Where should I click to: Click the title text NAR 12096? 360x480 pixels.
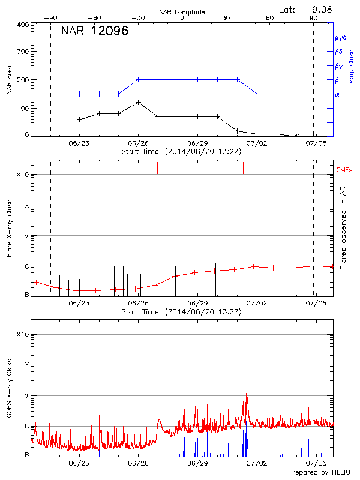(95, 32)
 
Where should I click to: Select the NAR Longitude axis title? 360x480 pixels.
(182, 12)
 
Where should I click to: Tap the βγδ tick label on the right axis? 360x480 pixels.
(340, 37)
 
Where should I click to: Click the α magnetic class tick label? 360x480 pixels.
(337, 94)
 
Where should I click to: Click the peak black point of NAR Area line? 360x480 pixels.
(139, 102)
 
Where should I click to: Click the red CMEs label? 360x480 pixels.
(346, 169)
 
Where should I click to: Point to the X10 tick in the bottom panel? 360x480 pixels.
(22, 334)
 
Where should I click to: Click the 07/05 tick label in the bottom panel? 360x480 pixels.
(316, 464)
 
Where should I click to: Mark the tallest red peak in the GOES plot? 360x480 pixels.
(247, 392)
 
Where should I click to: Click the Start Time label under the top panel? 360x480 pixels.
(181, 151)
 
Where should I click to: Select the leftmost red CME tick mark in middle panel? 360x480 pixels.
(157, 167)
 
